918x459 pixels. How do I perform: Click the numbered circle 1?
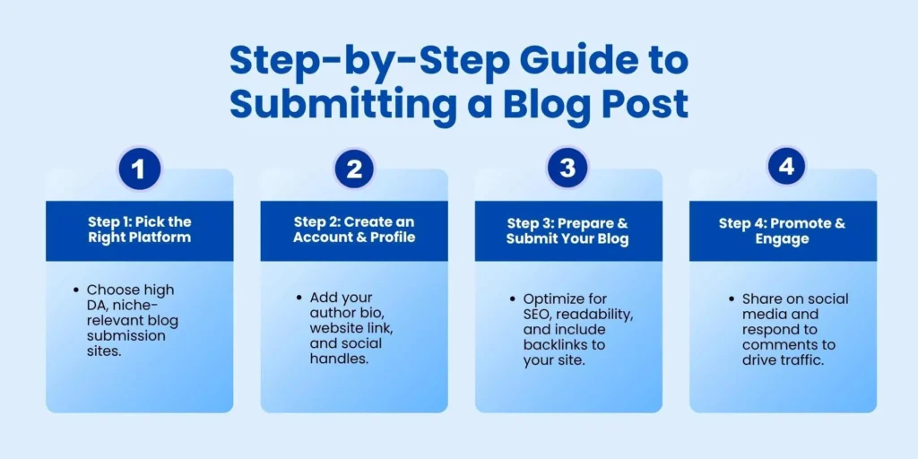coord(139,169)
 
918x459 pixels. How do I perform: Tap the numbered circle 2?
coord(354,169)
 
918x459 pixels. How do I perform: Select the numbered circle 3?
coord(568,168)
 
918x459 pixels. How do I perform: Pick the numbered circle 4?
coord(783,167)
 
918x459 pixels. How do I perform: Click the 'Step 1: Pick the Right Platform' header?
coord(139,229)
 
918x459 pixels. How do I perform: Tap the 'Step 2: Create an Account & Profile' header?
coord(354,229)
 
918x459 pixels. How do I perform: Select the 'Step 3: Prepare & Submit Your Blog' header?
coord(568,230)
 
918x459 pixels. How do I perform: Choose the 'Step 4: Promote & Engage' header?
coord(783,230)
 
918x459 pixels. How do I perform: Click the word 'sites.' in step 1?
coord(106,351)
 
